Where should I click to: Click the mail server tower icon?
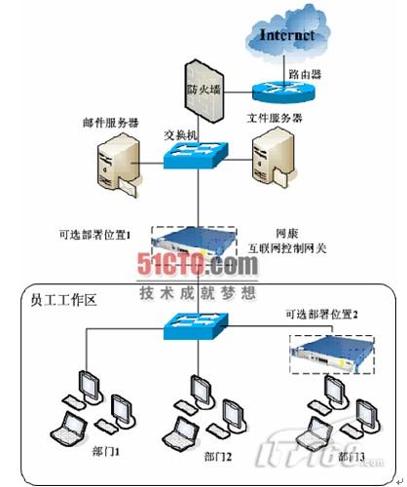[x=115, y=165]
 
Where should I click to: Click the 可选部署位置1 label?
[x=98, y=234]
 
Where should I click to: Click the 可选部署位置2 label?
[x=321, y=314]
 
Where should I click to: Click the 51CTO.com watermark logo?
[x=196, y=264]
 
